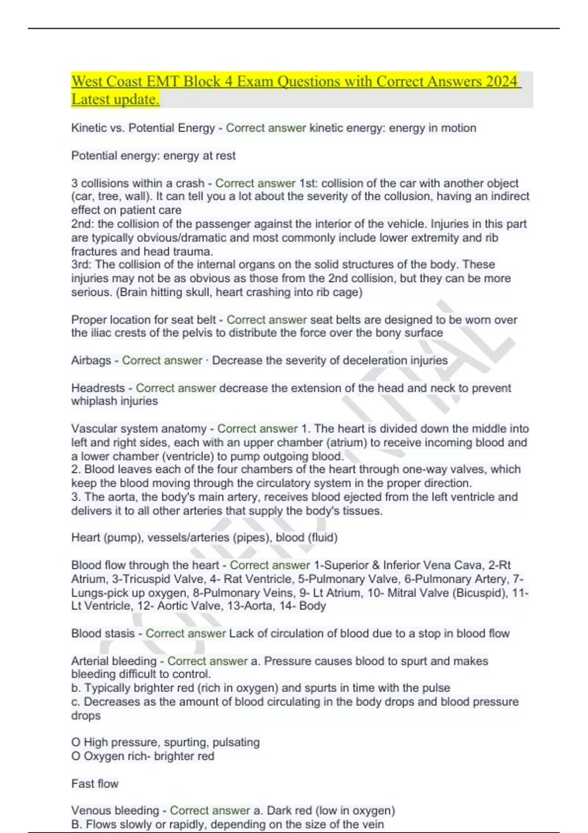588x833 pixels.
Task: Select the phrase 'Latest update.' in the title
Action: pyautogui.click(x=115, y=99)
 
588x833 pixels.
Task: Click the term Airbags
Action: pyautogui.click(x=91, y=360)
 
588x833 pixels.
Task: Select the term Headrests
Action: pyautogui.click(x=98, y=388)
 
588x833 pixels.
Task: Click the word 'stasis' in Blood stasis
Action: pyautogui.click(x=118, y=634)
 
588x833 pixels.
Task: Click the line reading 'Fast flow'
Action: pyautogui.click(x=95, y=784)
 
